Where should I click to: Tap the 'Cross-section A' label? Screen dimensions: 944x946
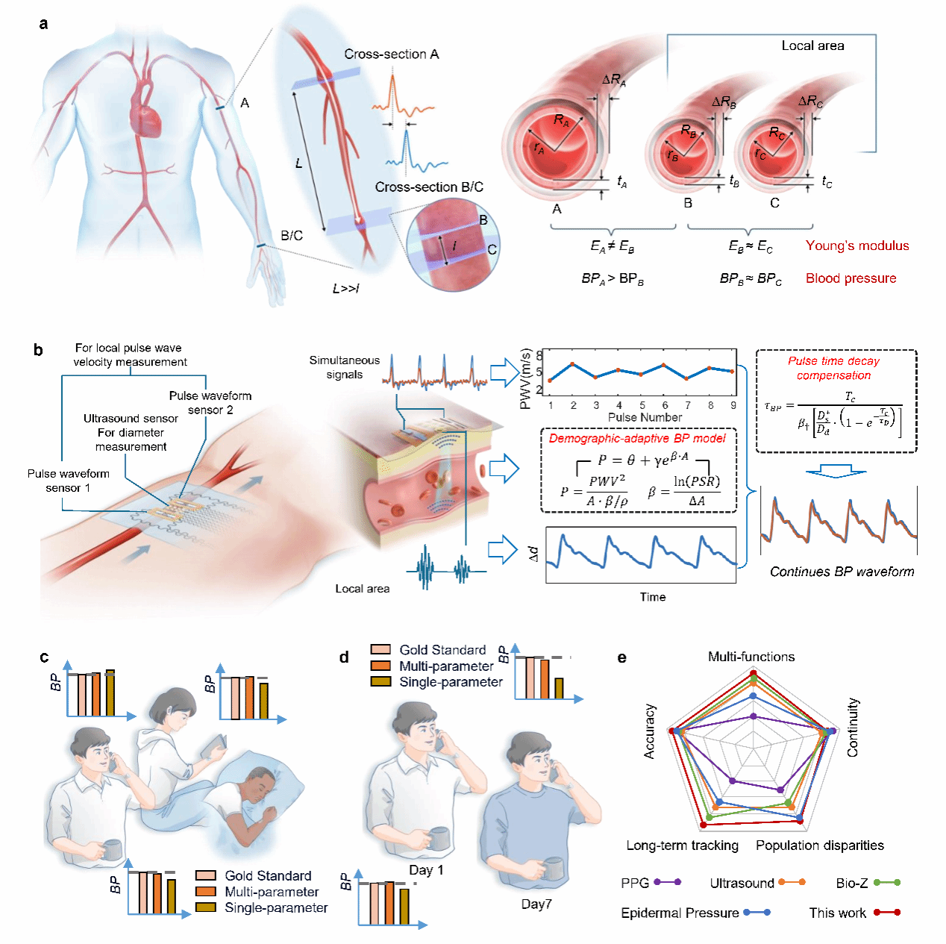pos(391,54)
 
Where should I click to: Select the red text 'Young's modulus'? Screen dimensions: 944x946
pos(857,246)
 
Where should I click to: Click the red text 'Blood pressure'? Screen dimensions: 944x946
pos(851,278)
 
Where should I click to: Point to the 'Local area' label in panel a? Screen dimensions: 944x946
pos(812,46)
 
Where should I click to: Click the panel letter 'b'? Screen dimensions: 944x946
pos(38,350)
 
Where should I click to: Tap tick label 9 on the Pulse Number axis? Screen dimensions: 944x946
pos(733,405)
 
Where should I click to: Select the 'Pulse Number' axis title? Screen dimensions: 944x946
pos(645,417)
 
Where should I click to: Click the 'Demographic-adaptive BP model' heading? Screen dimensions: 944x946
pos(637,439)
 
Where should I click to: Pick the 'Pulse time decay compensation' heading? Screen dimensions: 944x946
pos(833,368)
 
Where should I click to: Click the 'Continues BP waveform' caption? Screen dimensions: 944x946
pos(842,572)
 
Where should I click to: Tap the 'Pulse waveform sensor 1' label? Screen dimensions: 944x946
pos(69,481)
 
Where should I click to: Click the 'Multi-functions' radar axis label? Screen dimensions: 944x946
pos(751,657)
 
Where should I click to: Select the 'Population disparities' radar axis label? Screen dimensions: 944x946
pos(819,845)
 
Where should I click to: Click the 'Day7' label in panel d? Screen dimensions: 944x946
pos(536,904)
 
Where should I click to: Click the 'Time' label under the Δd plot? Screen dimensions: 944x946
pos(652,597)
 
